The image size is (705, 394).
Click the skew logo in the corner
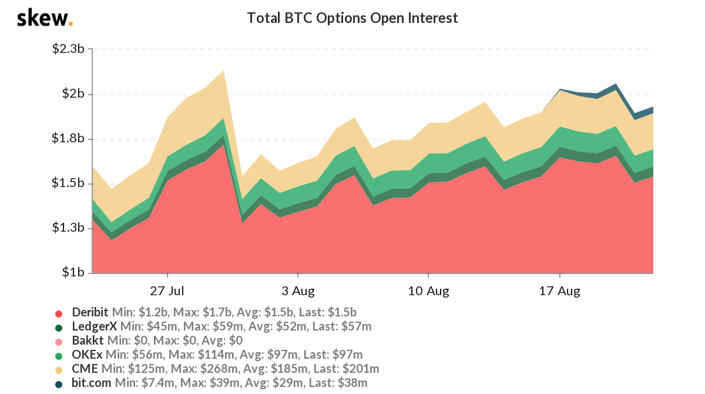point(45,18)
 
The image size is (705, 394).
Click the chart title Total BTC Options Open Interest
point(352,18)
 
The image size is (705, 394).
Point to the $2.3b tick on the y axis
point(69,49)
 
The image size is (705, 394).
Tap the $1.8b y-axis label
point(69,139)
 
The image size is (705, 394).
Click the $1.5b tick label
point(69,183)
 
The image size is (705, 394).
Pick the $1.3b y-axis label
point(69,228)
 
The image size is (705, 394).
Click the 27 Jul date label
point(167,291)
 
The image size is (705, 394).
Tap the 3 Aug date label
point(298,291)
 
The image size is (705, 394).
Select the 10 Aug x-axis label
point(428,291)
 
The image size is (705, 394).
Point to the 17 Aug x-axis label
point(559,291)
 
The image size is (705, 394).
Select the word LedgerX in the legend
point(94,326)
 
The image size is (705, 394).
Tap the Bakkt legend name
point(88,340)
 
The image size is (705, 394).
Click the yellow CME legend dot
point(59,369)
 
